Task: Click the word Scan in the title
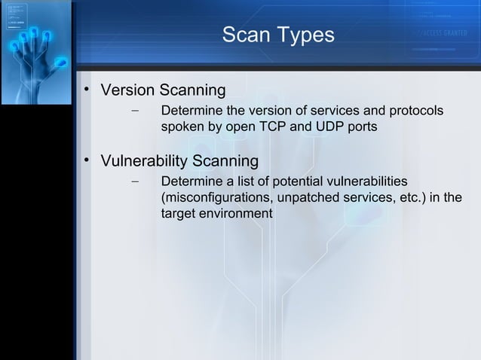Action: point(243,35)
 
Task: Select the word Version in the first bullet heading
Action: point(127,91)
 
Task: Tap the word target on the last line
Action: point(179,213)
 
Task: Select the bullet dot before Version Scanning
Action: point(87,92)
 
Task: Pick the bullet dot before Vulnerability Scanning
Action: point(87,162)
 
